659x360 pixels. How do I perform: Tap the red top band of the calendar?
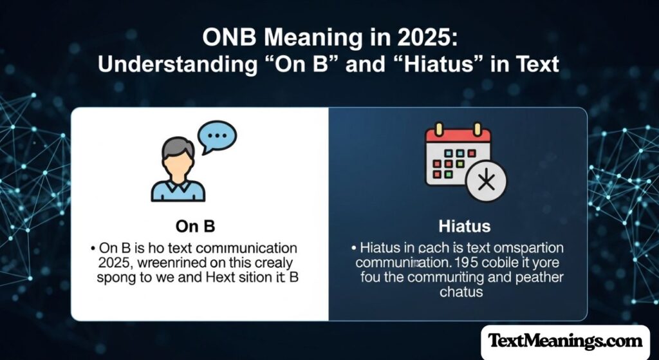458,135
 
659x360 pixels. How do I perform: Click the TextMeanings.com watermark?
565,340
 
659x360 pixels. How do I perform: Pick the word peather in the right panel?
538,278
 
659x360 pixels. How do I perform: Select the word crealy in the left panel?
275,263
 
